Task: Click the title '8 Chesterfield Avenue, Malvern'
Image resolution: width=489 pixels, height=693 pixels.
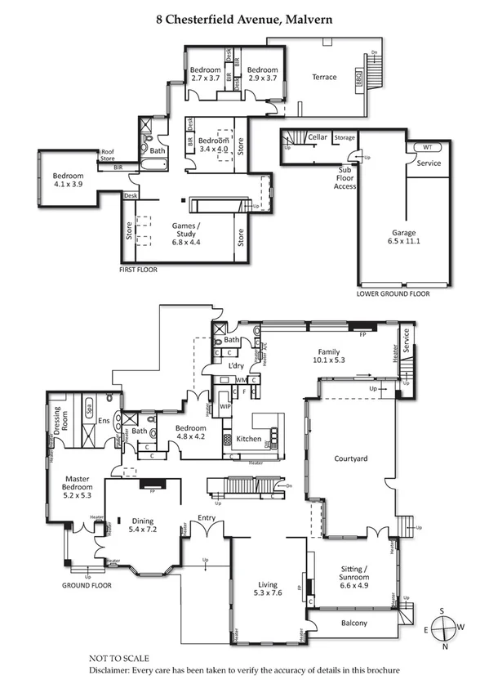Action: pyautogui.click(x=244, y=17)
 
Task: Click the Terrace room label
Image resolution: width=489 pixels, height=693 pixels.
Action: pyautogui.click(x=324, y=78)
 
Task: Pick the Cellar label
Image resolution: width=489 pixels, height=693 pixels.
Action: pyautogui.click(x=318, y=137)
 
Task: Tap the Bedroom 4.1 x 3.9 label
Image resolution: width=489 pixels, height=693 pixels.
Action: pyautogui.click(x=68, y=180)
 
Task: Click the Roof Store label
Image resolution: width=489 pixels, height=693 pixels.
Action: pyautogui.click(x=108, y=154)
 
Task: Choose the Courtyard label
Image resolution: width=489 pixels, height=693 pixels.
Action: pyautogui.click(x=351, y=459)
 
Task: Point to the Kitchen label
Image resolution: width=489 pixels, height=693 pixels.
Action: pyautogui.click(x=248, y=439)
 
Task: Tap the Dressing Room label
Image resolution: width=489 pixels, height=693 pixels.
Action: pyautogui.click(x=59, y=418)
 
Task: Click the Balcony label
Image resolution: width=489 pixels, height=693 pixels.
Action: pyautogui.click(x=353, y=624)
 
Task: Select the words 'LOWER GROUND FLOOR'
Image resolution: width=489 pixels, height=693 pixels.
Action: pyautogui.click(x=393, y=293)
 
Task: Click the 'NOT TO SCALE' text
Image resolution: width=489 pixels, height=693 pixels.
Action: pyautogui.click(x=119, y=657)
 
